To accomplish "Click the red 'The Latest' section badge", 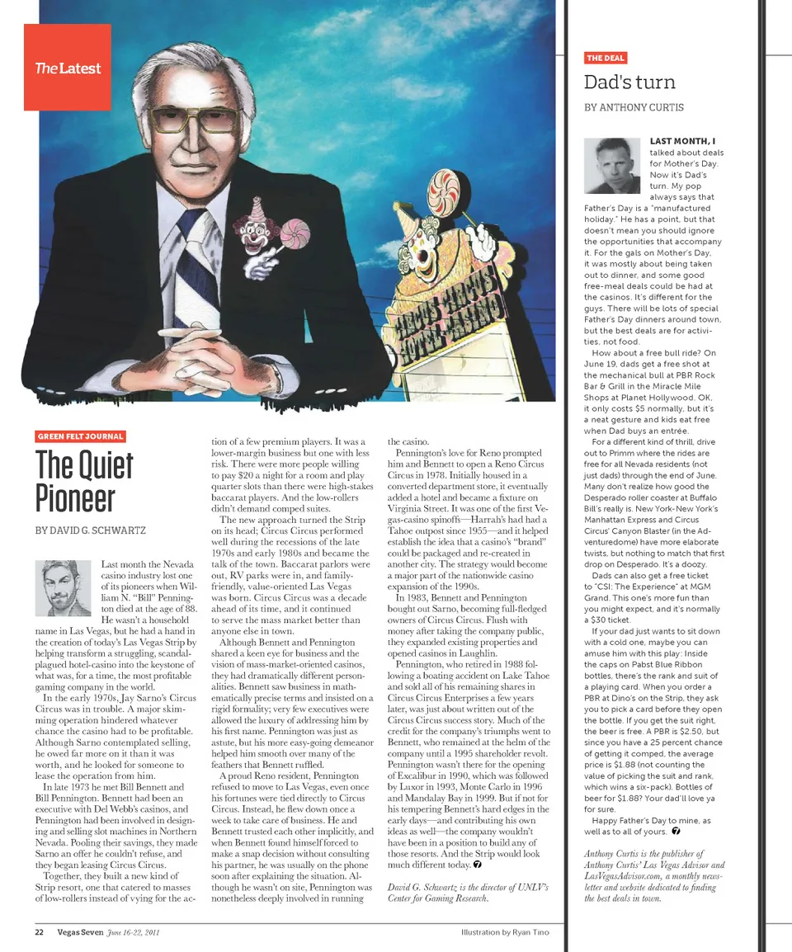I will (67, 68).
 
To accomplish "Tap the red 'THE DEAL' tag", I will (606, 58).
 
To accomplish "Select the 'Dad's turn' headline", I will (629, 82).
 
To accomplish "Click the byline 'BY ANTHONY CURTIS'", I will (634, 107).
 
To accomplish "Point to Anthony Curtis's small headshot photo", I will (613, 165).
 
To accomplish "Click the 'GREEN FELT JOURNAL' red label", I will (81, 436).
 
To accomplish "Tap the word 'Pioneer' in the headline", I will (75, 497).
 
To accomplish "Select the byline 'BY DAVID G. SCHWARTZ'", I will (91, 530).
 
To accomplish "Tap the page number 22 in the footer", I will (39, 932).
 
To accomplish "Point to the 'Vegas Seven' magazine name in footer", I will (80, 932).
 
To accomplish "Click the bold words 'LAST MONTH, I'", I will (682, 142).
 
